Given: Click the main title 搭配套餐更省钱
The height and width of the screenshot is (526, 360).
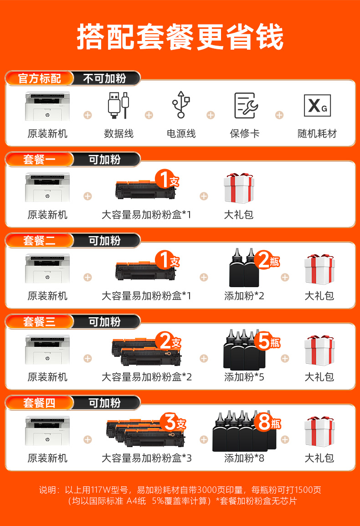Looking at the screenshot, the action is click(180, 37).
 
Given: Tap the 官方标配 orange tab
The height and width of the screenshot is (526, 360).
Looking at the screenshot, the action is click(39, 78).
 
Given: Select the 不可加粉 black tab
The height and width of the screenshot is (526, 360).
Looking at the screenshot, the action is click(105, 78).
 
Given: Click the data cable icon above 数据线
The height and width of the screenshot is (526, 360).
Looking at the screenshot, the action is click(118, 105).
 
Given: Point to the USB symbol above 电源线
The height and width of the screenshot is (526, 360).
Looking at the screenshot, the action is click(181, 105).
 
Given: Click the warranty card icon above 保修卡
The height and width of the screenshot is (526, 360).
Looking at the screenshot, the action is click(246, 105).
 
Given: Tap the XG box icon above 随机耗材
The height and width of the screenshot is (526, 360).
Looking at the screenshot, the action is click(317, 105).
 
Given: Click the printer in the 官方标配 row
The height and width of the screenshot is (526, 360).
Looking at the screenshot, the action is click(47, 106).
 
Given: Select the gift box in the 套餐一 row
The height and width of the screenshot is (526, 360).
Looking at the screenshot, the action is click(238, 188).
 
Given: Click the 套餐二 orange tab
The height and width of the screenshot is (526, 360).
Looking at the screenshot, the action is click(39, 241).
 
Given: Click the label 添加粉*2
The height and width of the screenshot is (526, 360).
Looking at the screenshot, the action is click(244, 296).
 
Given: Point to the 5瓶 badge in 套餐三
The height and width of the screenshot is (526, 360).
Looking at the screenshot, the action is click(268, 341).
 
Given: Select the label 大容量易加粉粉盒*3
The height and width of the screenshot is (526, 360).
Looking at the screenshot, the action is click(147, 458).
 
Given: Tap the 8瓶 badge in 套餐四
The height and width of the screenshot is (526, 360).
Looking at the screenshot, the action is click(268, 422).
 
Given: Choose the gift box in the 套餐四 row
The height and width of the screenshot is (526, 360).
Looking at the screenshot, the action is click(320, 431).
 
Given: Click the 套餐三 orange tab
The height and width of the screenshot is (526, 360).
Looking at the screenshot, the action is click(39, 322).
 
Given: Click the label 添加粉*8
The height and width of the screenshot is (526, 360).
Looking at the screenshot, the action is click(244, 458).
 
